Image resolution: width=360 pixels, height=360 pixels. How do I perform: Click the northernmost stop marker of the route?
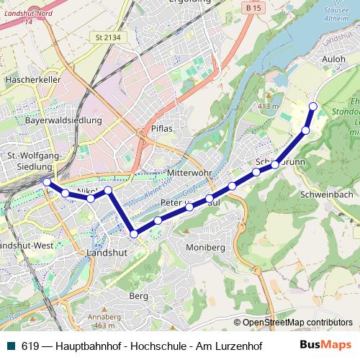[312, 107]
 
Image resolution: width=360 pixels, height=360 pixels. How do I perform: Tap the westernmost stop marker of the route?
[47, 182]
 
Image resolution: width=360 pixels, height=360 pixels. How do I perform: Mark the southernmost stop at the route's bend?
[134, 233]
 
